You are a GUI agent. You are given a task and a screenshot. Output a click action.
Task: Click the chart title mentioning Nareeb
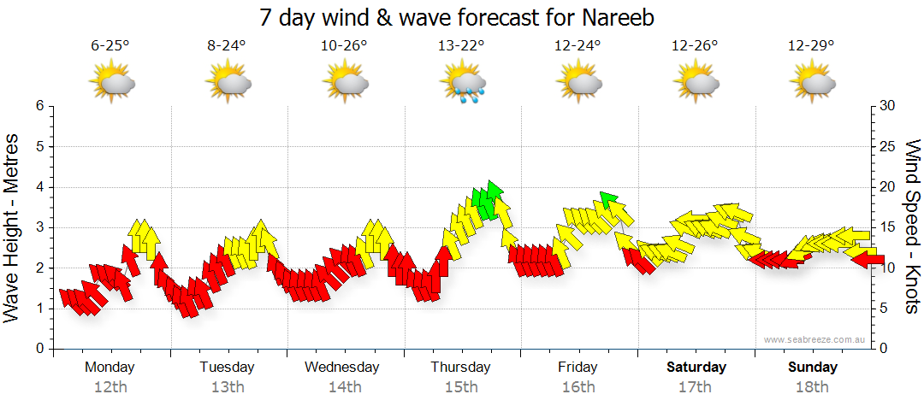click(x=462, y=17)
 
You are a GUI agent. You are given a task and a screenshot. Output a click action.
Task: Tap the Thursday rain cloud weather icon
click(x=463, y=83)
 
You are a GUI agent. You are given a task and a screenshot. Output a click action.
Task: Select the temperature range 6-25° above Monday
click(x=110, y=47)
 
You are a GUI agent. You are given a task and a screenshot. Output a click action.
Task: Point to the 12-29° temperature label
click(x=812, y=47)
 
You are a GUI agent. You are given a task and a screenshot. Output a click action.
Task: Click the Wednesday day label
click(x=342, y=368)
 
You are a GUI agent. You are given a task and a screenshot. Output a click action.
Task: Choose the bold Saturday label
click(x=696, y=368)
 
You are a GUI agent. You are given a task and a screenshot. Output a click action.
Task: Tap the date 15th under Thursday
click(x=460, y=387)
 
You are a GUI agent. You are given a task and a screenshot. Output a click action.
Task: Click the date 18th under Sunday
click(x=812, y=387)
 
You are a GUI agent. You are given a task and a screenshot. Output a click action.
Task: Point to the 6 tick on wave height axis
click(x=38, y=106)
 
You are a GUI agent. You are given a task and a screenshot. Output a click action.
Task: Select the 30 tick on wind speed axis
click(x=888, y=106)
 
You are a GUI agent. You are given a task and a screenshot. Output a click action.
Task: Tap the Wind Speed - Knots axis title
click(x=912, y=227)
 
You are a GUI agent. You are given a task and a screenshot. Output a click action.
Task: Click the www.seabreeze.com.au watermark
click(x=816, y=339)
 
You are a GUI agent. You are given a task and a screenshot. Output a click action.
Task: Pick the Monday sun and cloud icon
click(x=111, y=83)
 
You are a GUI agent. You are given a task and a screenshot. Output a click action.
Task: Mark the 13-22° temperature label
click(x=462, y=47)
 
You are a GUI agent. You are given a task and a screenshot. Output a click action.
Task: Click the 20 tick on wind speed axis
click(x=888, y=187)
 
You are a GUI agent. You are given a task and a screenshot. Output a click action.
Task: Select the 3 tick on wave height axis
click(x=38, y=227)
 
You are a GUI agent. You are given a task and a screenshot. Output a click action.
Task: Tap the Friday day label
click(x=577, y=368)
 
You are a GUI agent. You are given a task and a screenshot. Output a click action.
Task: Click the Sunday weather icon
click(x=813, y=83)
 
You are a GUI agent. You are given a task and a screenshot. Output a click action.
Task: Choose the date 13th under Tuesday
click(x=227, y=387)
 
